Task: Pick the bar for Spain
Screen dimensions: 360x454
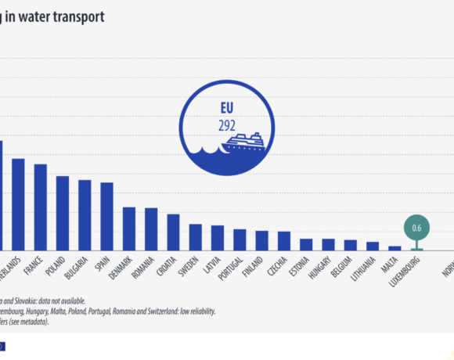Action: coord(107,216)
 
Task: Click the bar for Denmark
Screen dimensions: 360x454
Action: coord(129,229)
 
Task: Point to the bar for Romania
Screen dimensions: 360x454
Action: coord(151,229)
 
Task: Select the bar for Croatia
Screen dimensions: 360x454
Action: coord(173,232)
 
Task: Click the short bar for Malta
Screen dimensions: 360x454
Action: coord(395,247)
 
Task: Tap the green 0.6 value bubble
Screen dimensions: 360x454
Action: coord(416,228)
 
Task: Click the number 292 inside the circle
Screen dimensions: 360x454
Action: coord(226,124)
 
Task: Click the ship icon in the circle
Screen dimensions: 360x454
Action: coord(244,142)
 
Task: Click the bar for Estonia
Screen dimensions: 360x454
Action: coord(306,244)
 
